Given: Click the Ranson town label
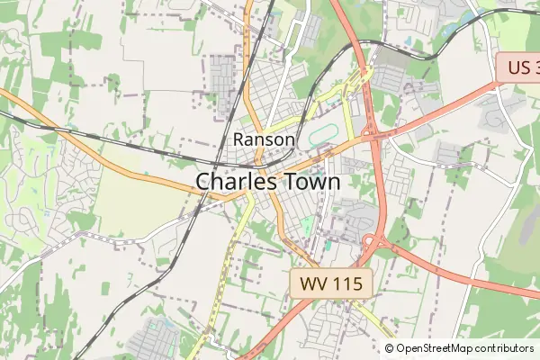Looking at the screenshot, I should [x=264, y=139].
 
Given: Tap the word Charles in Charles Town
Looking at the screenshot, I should [x=234, y=181].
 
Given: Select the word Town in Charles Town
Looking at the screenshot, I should [x=309, y=181].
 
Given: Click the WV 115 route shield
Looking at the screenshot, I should [x=330, y=284].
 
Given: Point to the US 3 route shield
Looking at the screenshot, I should [x=519, y=68].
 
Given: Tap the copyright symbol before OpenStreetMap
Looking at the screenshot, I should [x=390, y=348].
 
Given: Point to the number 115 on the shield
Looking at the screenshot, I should [x=346, y=284].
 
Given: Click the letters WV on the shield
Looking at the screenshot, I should [x=312, y=284].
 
